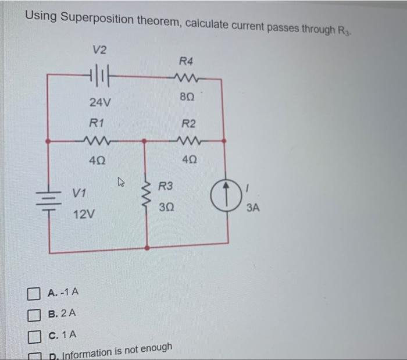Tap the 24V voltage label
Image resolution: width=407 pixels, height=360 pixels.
(x=99, y=102)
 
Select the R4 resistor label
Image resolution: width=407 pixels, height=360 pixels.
(x=187, y=60)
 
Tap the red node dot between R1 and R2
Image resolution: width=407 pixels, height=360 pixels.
(x=145, y=140)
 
